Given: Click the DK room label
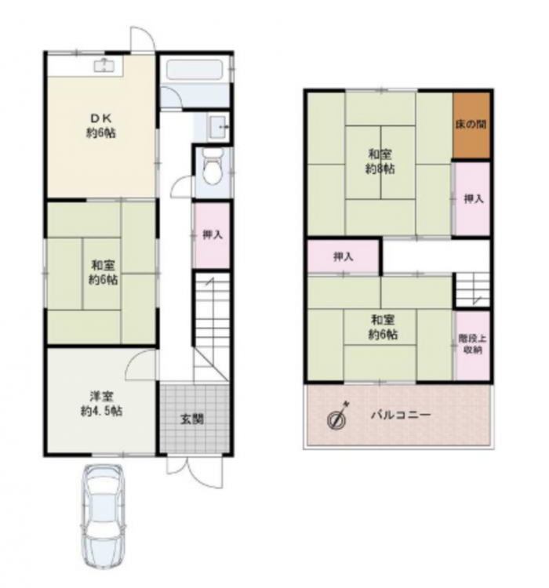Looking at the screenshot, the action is [100, 125].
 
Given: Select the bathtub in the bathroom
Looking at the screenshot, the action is [195, 69].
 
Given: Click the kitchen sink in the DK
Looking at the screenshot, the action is [104, 66].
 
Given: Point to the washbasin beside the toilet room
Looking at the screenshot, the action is [218, 127].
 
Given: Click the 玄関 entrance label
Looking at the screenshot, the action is [191, 419].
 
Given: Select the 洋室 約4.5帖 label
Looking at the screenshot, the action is [101, 404].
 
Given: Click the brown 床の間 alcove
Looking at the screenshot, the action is [471, 125].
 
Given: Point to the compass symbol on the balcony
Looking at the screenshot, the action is [337, 416].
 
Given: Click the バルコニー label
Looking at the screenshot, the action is [401, 415].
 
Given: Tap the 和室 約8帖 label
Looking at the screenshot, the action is [380, 162].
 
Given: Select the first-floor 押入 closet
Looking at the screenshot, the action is [212, 235].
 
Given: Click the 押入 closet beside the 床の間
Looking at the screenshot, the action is [472, 199].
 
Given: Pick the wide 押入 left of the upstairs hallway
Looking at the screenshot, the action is [344, 256].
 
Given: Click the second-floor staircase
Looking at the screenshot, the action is [473, 290].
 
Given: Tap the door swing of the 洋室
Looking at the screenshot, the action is [140, 364].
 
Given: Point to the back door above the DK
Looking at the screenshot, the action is [142, 39].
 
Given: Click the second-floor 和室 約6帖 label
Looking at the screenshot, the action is [383, 327].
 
